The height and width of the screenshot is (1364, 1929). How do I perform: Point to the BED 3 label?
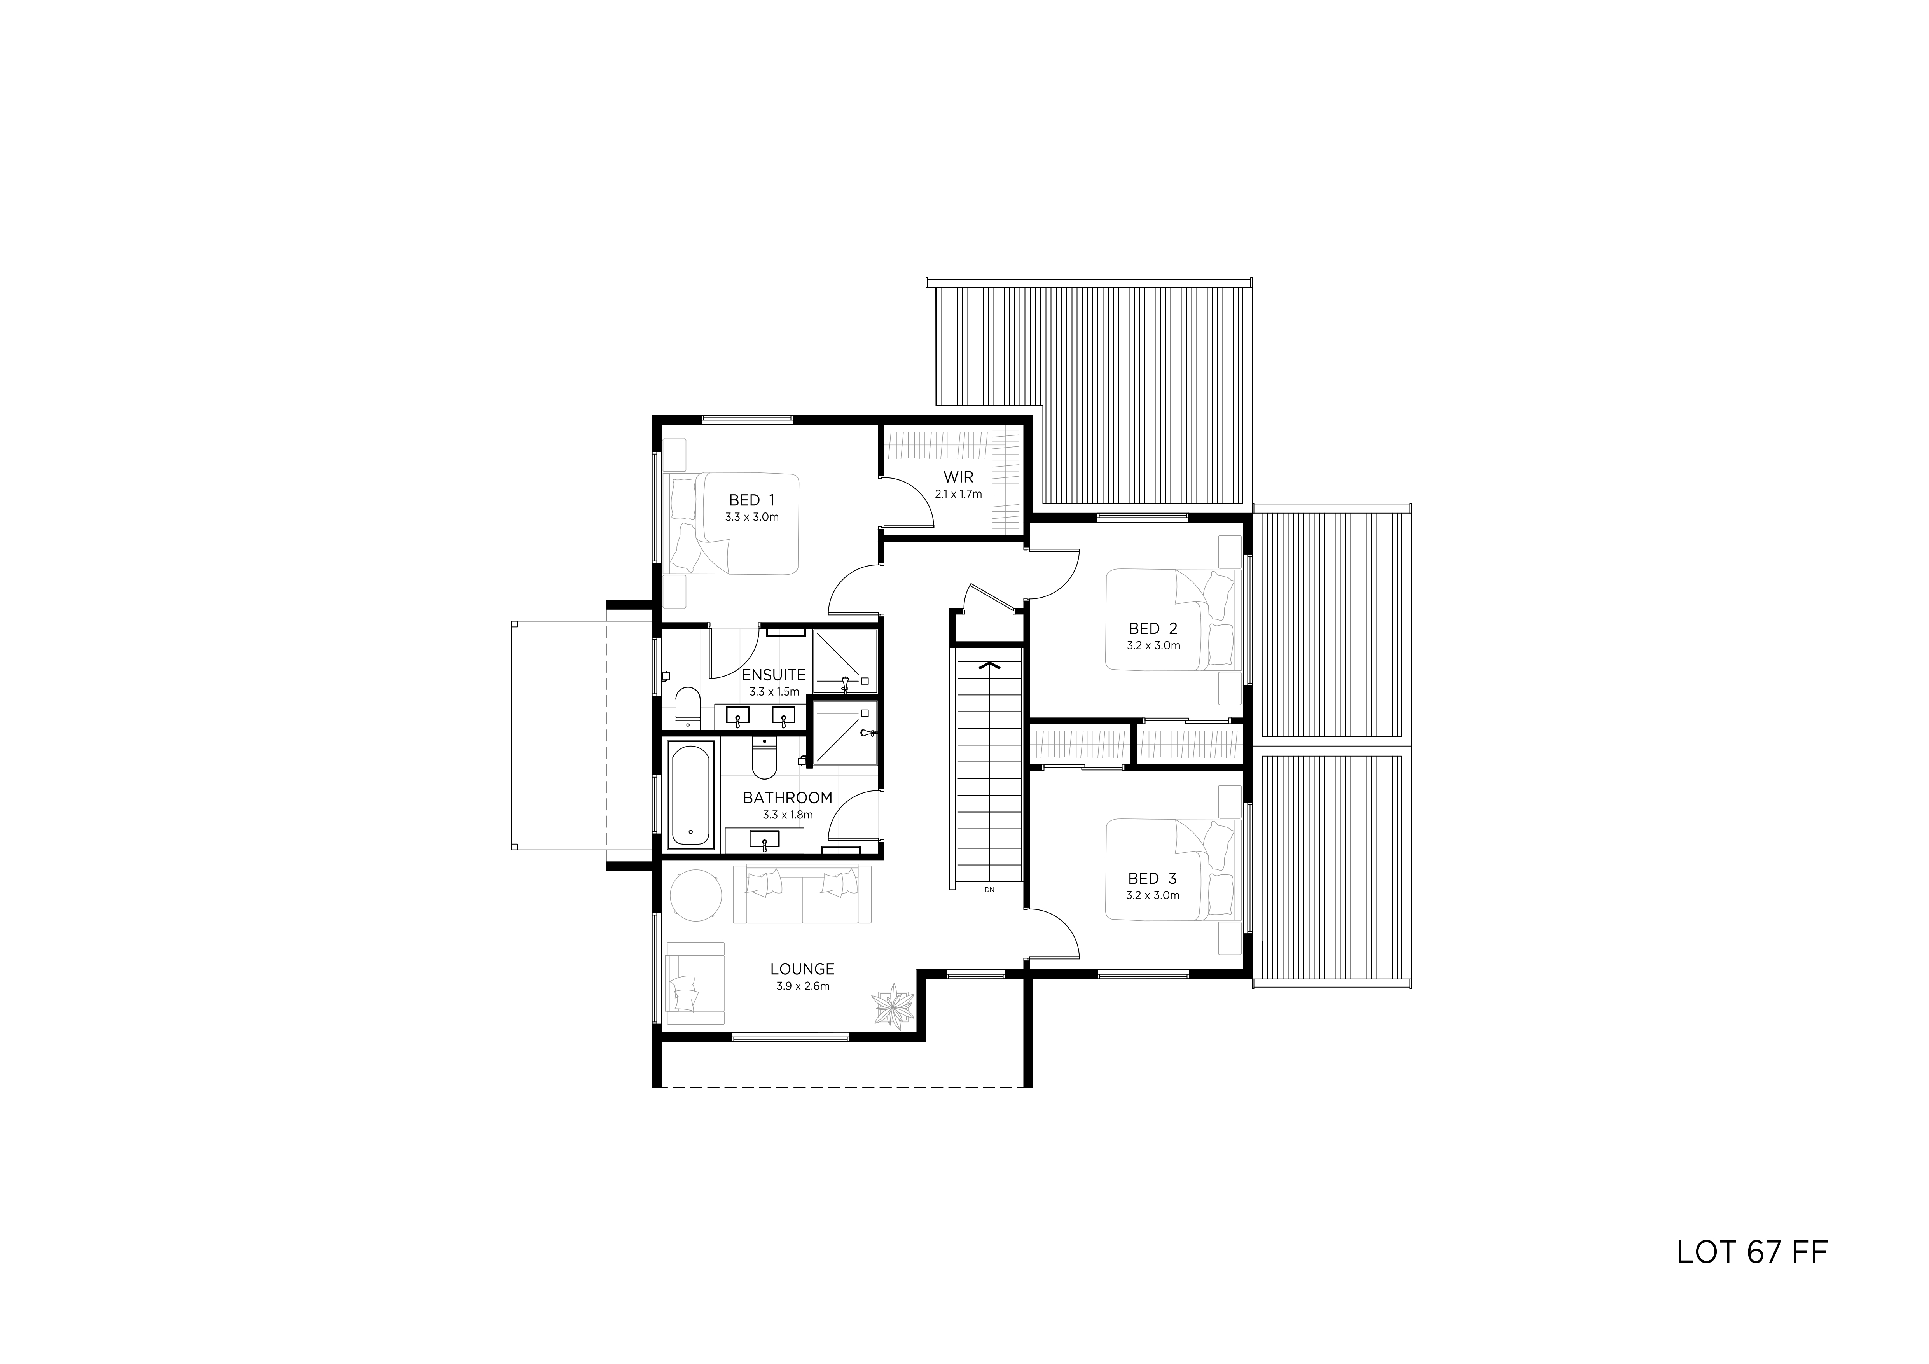[x=1153, y=878]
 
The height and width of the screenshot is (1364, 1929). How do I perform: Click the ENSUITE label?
[x=774, y=675]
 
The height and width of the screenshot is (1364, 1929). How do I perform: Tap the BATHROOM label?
[x=787, y=797]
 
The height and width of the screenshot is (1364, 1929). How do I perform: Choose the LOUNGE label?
[x=802, y=969]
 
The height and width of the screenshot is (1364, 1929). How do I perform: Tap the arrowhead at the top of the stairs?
[x=990, y=666]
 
